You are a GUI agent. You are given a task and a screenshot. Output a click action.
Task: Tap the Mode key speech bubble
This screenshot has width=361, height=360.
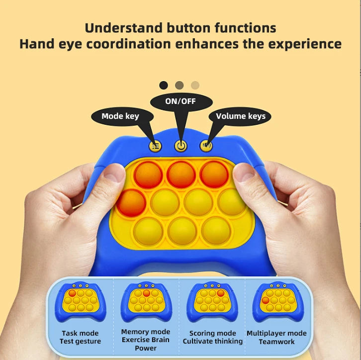pyautogui.click(x=122, y=116)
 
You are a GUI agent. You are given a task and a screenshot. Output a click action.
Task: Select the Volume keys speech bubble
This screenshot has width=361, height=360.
pyautogui.click(x=240, y=116)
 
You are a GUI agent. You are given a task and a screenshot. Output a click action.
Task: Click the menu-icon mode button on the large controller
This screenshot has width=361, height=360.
pyautogui.click(x=156, y=146)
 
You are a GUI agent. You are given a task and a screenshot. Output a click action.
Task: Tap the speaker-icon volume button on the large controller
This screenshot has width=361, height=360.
pyautogui.click(x=206, y=146)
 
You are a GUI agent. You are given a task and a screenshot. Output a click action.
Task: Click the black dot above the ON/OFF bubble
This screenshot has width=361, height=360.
pyautogui.click(x=164, y=85)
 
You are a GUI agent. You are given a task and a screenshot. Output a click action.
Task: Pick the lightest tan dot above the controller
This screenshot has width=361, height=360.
pyautogui.click(x=195, y=85)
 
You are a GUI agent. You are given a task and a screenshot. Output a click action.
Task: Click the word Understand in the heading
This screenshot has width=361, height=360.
pyautogui.click(x=124, y=28)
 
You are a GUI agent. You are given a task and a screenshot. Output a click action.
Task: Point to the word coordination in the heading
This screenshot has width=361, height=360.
pyautogui.click(x=128, y=44)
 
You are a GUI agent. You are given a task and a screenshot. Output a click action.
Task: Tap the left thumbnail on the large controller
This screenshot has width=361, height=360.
pyautogui.click(x=114, y=175)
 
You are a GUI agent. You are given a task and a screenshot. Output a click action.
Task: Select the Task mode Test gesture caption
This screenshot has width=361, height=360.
pyautogui.click(x=80, y=337)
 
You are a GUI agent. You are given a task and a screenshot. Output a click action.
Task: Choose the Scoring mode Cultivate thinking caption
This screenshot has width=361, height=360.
pyautogui.click(x=213, y=337)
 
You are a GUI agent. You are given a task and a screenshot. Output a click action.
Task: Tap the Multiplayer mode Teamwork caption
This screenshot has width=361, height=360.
pyautogui.click(x=276, y=338)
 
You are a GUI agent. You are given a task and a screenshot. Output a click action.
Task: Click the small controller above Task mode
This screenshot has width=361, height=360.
pyautogui.click(x=81, y=302)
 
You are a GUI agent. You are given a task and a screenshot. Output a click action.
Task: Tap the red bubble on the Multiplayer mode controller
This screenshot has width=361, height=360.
pyautogui.click(x=266, y=300)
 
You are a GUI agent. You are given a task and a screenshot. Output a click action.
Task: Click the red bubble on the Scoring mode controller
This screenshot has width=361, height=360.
pyautogui.click(x=221, y=293)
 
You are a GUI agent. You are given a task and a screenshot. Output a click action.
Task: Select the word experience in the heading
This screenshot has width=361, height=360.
pyautogui.click(x=305, y=44)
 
